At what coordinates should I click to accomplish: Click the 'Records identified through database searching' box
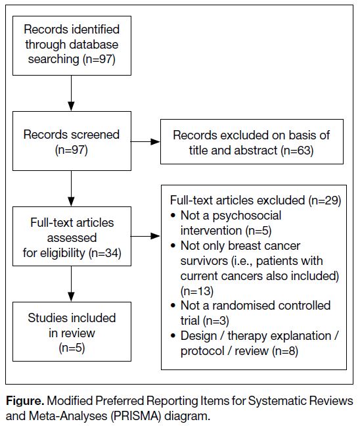click(x=72, y=45)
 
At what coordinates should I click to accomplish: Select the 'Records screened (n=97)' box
click(x=72, y=141)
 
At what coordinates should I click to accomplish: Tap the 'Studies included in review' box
click(x=72, y=332)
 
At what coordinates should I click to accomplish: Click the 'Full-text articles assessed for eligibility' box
click(x=72, y=237)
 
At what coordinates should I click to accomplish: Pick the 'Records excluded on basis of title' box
click(x=252, y=141)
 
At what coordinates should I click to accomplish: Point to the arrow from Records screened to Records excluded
click(x=146, y=141)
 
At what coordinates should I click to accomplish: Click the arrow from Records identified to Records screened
click(x=71, y=93)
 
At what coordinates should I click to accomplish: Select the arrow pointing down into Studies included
click(x=71, y=284)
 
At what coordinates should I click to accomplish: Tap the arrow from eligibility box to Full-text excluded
click(x=146, y=237)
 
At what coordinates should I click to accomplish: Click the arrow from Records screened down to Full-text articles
click(x=71, y=189)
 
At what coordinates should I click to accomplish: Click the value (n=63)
click(x=298, y=151)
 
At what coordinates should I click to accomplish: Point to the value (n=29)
click(x=325, y=201)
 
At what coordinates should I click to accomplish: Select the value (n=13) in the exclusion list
click(x=197, y=291)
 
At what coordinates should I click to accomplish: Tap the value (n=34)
click(x=105, y=253)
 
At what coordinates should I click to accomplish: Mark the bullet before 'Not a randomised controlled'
click(x=173, y=306)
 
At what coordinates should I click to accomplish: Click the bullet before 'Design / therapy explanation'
click(x=173, y=336)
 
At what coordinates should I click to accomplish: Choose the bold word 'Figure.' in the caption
click(x=25, y=401)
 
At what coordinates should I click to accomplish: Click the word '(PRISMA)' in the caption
click(x=136, y=416)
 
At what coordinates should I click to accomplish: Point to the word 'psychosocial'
click(x=247, y=216)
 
